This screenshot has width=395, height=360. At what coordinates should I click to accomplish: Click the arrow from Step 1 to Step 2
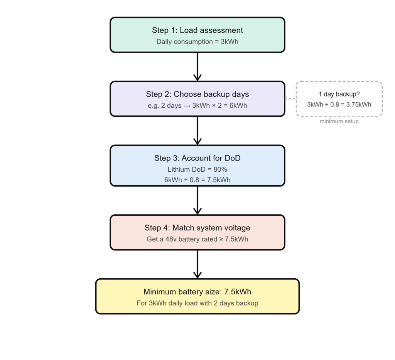[197, 66]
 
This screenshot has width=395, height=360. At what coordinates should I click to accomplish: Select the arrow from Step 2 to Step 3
[197, 130]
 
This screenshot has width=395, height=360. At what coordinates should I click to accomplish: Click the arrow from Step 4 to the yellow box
[197, 264]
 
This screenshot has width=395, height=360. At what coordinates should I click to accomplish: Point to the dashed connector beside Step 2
[290, 99]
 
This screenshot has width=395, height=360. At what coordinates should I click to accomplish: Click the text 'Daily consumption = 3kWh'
[197, 41]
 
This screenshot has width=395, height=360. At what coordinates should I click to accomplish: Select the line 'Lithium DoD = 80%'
[197, 169]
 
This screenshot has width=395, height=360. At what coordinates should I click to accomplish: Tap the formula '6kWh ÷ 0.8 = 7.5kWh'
[197, 180]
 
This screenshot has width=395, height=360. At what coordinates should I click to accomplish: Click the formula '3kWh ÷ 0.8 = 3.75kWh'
[339, 105]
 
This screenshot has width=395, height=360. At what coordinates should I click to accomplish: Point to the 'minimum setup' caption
[339, 122]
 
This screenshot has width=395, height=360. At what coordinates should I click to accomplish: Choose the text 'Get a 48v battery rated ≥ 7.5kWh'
[197, 239]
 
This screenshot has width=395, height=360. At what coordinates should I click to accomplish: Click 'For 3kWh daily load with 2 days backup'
[197, 303]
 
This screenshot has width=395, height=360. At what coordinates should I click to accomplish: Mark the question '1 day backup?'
[339, 94]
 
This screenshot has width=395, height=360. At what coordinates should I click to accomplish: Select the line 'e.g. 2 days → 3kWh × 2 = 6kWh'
[197, 105]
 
